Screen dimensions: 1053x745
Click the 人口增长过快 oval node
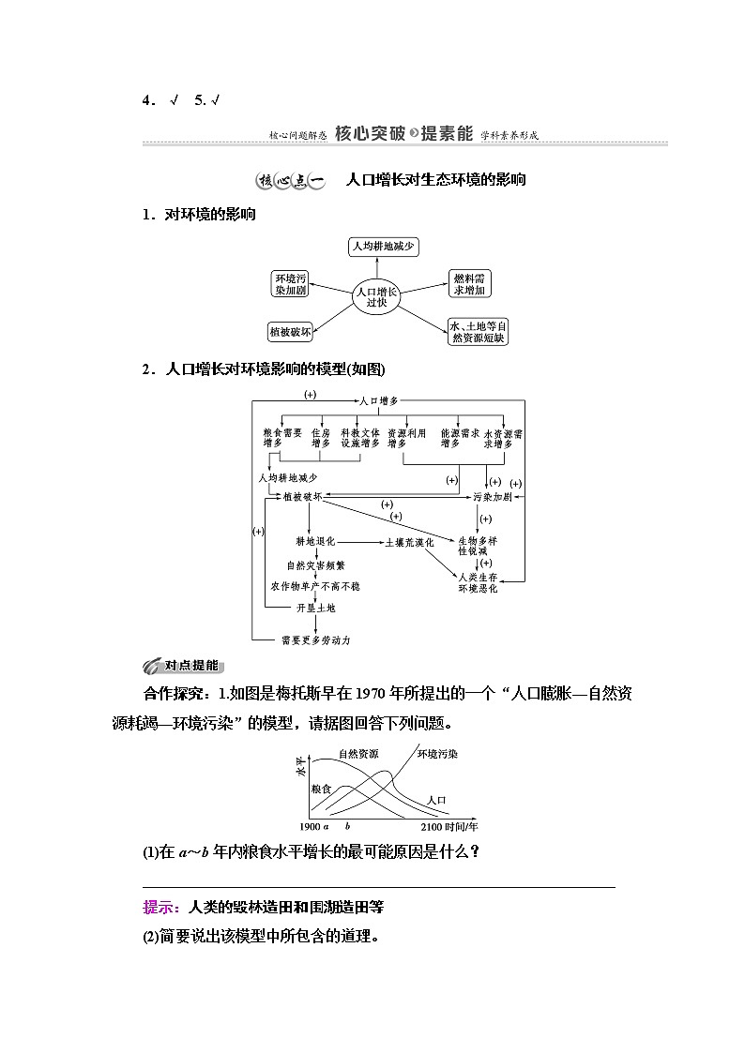point(376,296)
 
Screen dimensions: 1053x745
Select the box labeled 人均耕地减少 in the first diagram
point(383,247)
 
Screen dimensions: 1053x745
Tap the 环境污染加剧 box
point(290,284)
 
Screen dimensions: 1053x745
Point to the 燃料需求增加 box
point(469,284)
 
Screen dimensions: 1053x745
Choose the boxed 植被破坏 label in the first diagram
point(290,331)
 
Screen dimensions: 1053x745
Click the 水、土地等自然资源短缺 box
point(478,331)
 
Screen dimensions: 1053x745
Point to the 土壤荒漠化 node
point(408,542)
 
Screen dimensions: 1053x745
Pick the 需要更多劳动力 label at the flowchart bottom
point(315,640)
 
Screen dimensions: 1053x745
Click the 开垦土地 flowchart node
point(314,607)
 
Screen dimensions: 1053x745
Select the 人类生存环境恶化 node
point(478,582)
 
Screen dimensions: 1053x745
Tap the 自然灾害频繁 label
point(315,565)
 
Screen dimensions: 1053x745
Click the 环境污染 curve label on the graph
point(437,753)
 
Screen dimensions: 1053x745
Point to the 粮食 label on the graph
point(321,790)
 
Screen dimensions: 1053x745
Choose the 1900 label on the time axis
point(311,827)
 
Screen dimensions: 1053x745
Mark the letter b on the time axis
point(347,827)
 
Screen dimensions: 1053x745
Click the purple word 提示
point(161,907)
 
